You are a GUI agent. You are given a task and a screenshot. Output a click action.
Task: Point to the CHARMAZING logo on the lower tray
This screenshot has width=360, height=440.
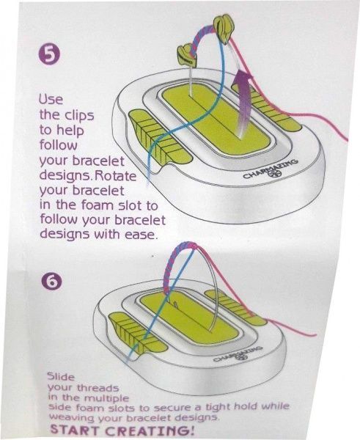238,353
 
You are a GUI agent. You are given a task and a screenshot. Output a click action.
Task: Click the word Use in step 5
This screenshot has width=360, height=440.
51,99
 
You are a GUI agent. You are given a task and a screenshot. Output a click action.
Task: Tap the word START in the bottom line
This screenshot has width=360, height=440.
74,430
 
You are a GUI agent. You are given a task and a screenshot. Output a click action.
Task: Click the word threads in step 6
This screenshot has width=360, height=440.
98,388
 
